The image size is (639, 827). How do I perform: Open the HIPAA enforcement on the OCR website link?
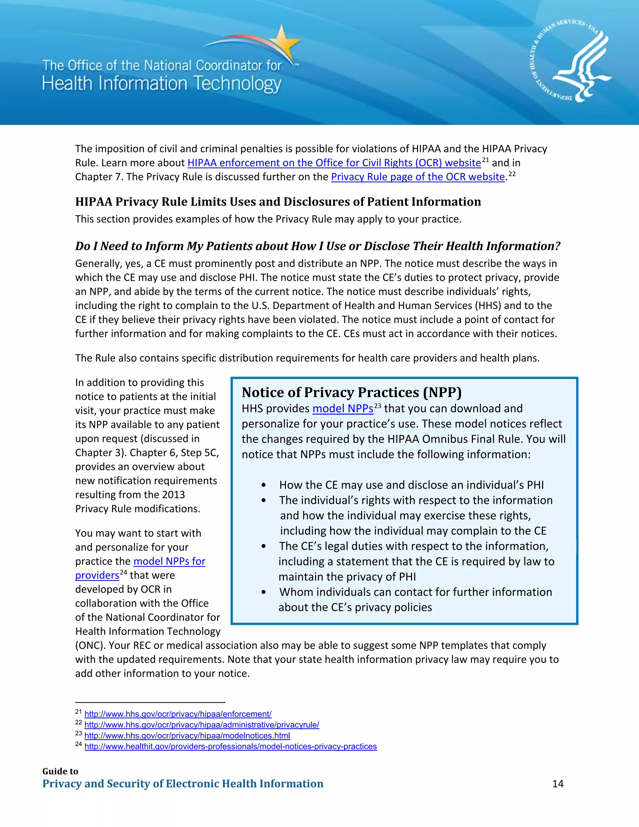[x=334, y=163]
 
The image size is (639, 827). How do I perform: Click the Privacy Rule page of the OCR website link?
[x=418, y=177]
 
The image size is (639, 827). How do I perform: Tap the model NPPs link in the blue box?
[x=343, y=409]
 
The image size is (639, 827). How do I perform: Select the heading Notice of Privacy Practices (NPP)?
[x=351, y=392]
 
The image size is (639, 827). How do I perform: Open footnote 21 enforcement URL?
[x=178, y=714]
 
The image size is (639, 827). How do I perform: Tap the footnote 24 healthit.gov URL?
[x=230, y=746]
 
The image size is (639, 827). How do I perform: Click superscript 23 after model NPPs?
[x=378, y=406]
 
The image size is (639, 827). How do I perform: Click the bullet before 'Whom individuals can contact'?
[x=263, y=593]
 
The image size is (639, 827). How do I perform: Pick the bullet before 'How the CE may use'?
[x=263, y=486]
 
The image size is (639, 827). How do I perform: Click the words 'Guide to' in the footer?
[x=60, y=771]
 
